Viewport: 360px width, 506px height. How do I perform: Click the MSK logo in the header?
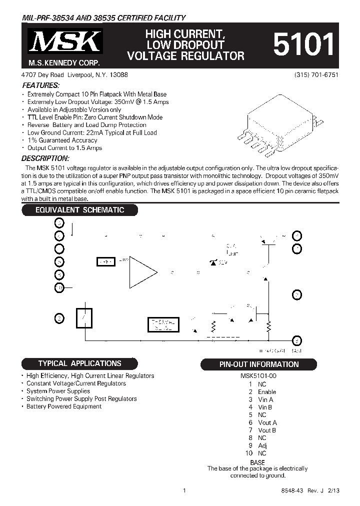point(64,43)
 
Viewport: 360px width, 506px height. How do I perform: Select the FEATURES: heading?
point(41,85)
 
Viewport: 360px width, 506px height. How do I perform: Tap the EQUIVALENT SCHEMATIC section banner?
point(79,210)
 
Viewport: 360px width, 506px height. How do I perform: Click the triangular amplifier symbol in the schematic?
point(142,273)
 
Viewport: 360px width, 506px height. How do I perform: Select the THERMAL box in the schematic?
point(162,325)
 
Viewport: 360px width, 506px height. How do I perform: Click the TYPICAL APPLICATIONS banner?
point(79,363)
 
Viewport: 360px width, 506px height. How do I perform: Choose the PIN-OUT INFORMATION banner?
point(259,364)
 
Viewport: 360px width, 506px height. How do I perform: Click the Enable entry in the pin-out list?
point(266,392)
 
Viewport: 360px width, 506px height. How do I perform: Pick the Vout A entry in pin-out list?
point(267,422)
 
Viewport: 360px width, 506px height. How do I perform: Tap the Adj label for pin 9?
point(262,445)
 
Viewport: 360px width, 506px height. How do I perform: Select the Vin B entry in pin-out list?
point(265,407)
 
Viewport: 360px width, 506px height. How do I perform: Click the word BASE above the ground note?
point(257,462)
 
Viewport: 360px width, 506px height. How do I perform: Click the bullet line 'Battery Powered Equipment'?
point(63,406)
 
